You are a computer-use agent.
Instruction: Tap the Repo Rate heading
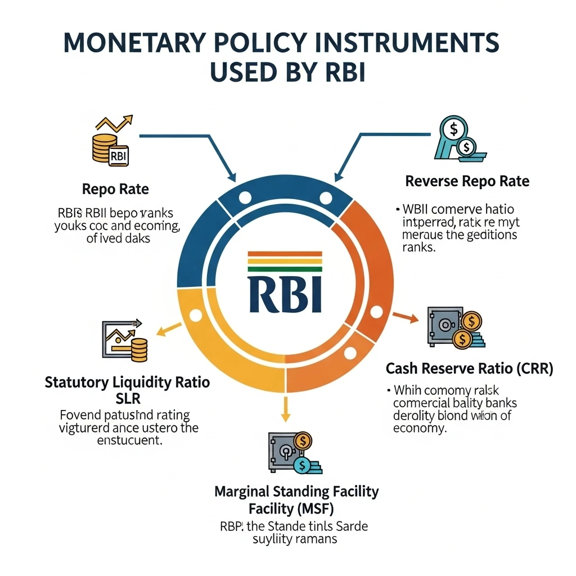pyautogui.click(x=115, y=189)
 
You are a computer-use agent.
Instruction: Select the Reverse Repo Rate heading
pyautogui.click(x=467, y=181)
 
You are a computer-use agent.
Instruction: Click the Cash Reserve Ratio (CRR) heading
pyautogui.click(x=469, y=369)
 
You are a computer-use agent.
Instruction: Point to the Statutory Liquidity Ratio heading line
pyautogui.click(x=127, y=383)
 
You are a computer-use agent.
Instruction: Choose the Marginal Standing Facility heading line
pyautogui.click(x=296, y=491)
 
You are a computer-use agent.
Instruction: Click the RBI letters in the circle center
pyautogui.click(x=285, y=293)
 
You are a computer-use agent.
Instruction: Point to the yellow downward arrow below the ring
pyautogui.click(x=285, y=408)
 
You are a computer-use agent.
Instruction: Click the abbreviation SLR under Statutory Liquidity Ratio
pyautogui.click(x=127, y=398)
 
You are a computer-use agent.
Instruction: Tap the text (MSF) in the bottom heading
pyautogui.click(x=313, y=508)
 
